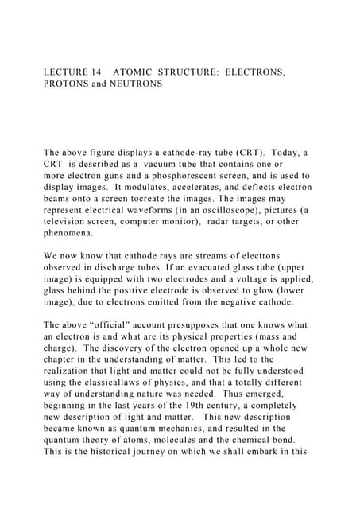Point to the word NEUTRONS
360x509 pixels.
coord(136,84)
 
